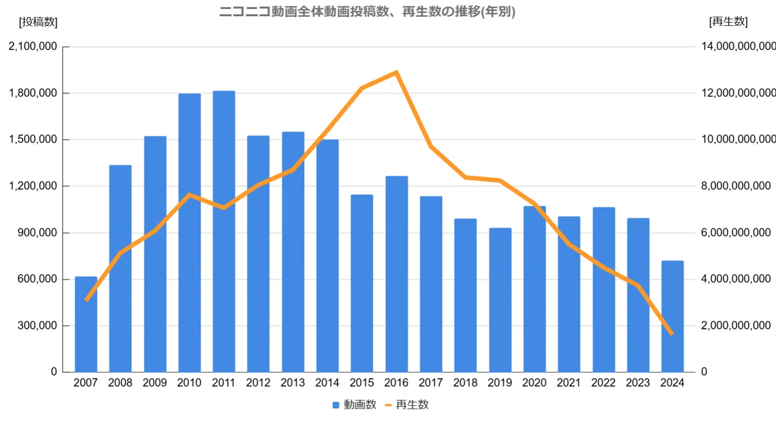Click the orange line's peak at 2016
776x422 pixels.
click(396, 72)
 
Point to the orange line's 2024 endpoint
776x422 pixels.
click(672, 333)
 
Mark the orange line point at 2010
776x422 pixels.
click(189, 194)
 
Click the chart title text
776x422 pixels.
click(367, 12)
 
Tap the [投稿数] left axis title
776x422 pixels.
click(38, 22)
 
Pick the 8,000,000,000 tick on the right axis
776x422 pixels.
click(738, 186)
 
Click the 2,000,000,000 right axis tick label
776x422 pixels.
click(738, 326)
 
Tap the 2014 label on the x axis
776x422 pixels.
click(327, 383)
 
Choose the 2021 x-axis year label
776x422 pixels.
click(569, 383)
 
